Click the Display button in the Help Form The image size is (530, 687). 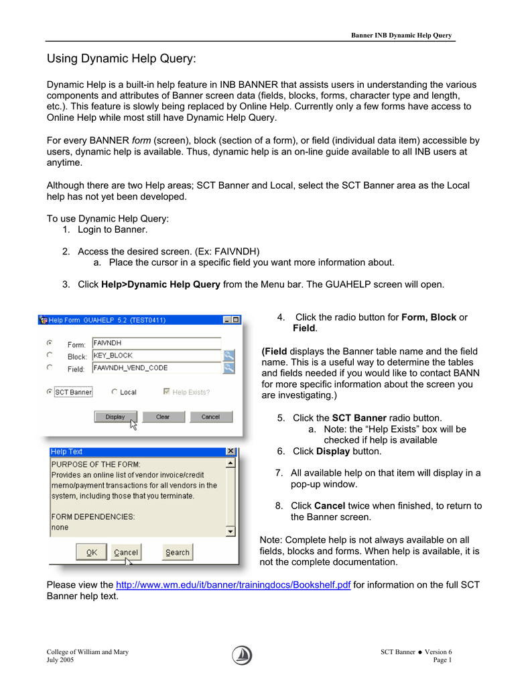115,417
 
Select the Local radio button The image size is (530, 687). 115,392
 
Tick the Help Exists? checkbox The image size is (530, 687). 167,392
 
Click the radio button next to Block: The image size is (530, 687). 50,355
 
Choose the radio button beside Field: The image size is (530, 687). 50,368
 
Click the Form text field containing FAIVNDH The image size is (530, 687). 155,343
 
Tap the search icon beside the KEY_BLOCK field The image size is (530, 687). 228,355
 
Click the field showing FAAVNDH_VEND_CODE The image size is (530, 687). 155,368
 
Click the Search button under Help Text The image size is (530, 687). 178,553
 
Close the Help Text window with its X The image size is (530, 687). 231,452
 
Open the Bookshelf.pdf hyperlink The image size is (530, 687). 233,584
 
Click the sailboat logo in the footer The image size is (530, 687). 243,655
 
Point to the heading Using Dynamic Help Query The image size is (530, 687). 121,59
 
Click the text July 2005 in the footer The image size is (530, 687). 60,660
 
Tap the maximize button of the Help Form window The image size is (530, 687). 236,320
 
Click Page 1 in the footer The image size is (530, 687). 442,660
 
